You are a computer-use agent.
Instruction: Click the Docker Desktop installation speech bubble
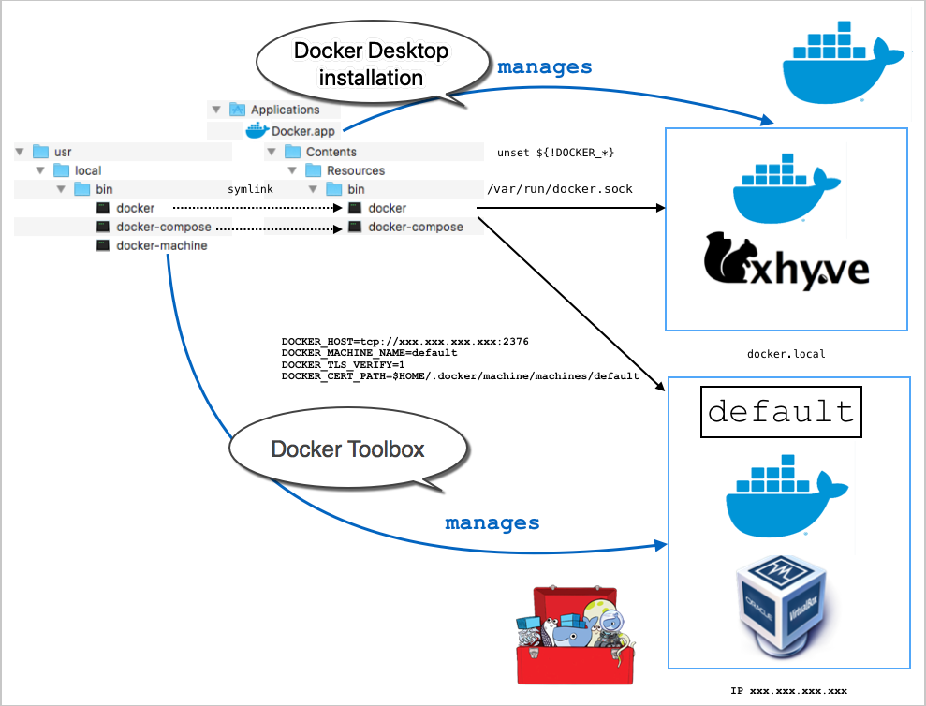(x=372, y=64)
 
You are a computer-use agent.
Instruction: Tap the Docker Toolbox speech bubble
(x=347, y=449)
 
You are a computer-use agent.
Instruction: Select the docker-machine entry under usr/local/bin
(x=161, y=245)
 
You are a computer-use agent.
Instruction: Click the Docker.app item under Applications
(x=302, y=131)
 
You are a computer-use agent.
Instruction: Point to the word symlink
(x=250, y=189)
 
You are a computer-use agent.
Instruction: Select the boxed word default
(x=781, y=412)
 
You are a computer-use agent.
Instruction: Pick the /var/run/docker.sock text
(x=560, y=189)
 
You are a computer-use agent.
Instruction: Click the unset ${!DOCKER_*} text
(x=555, y=153)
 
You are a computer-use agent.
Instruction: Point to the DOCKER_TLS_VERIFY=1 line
(x=343, y=364)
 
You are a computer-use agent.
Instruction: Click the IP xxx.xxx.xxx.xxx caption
(x=788, y=690)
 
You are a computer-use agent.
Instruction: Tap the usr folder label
(x=63, y=152)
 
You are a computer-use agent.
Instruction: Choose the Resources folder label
(x=355, y=170)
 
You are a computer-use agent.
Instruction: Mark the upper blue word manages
(x=544, y=66)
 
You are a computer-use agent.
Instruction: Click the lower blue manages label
(x=492, y=522)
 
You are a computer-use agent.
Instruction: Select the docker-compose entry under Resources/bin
(x=415, y=227)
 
